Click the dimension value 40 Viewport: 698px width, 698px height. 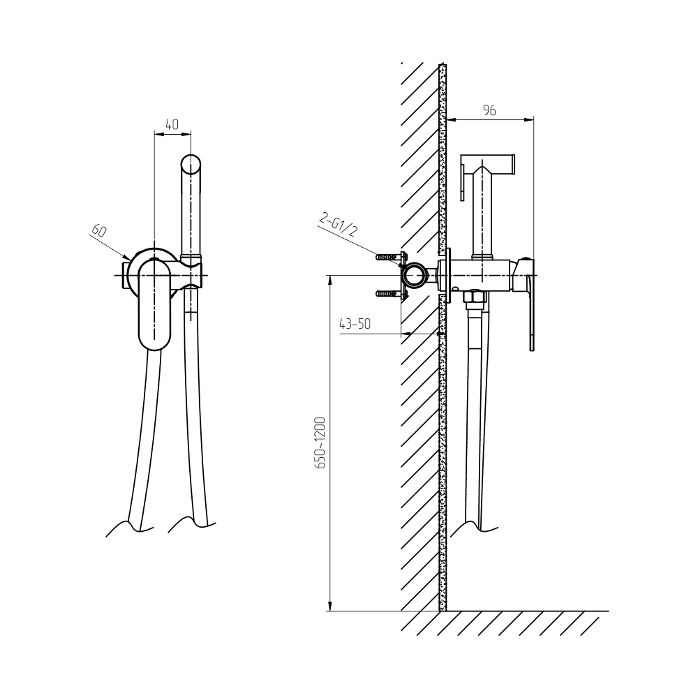click(x=172, y=124)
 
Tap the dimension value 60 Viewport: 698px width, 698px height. click(x=99, y=230)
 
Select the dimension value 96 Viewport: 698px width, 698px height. click(x=489, y=110)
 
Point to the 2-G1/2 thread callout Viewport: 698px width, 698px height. click(x=339, y=225)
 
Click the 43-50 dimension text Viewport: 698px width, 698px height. click(x=355, y=324)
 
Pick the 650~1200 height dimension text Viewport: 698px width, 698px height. click(x=320, y=443)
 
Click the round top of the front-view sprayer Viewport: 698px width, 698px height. click(x=191, y=164)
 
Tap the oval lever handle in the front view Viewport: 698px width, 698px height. click(x=154, y=304)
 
